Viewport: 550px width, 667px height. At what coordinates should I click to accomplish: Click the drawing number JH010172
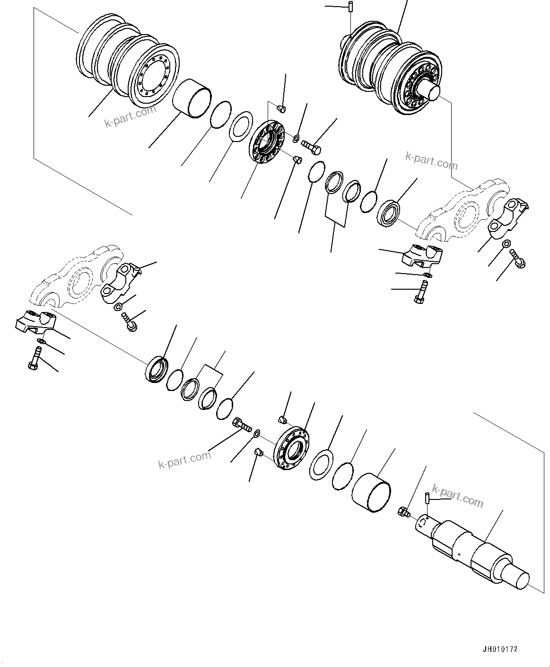(500, 649)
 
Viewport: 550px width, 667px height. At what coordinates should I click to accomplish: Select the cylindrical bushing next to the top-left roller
(192, 98)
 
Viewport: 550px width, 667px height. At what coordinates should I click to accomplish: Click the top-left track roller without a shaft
(128, 62)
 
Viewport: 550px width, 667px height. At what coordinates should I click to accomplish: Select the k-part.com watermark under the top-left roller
(130, 116)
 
